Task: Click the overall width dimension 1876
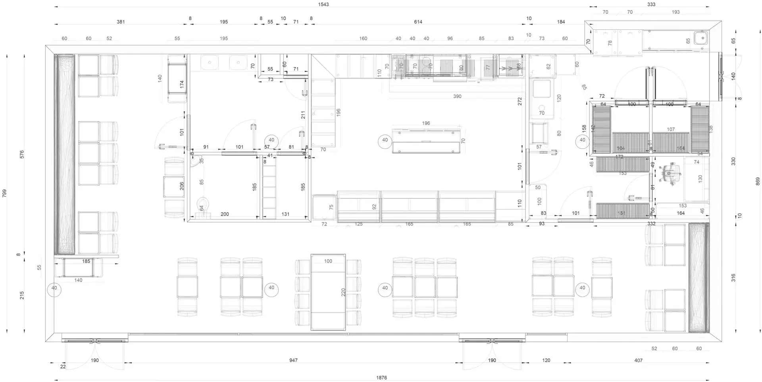click(x=381, y=378)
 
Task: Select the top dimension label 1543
click(x=323, y=4)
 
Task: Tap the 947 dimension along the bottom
click(x=293, y=360)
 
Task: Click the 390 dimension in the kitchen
click(x=457, y=96)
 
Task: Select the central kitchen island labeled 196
click(x=426, y=141)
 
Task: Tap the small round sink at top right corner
click(x=701, y=39)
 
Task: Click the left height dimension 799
click(x=4, y=193)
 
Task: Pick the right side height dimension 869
click(x=757, y=181)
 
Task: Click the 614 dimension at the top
click(x=418, y=22)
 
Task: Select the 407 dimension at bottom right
click(x=638, y=360)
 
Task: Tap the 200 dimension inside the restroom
click(x=225, y=214)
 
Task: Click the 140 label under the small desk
click(x=79, y=280)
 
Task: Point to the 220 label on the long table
click(x=343, y=292)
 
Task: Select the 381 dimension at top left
click(x=121, y=22)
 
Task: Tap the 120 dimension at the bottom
click(x=546, y=360)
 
